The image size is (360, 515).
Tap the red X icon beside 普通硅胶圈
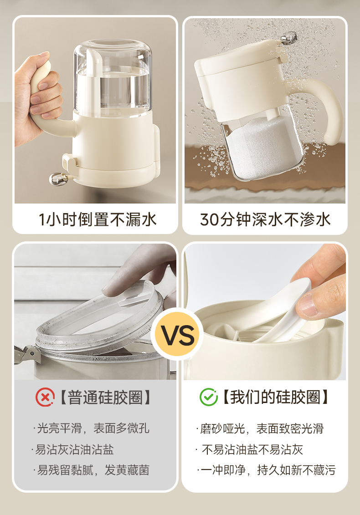(x=45, y=398)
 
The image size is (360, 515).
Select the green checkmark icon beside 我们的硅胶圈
(x=208, y=397)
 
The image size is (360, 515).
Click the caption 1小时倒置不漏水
(x=98, y=219)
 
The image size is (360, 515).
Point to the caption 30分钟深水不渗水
(x=265, y=219)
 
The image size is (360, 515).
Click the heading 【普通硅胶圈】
(x=106, y=398)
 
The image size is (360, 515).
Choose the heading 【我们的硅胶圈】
(x=276, y=397)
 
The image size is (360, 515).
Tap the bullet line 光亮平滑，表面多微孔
(x=92, y=428)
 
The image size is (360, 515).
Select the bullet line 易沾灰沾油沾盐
(x=72, y=449)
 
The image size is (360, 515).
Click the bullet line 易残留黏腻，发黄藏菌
(x=92, y=470)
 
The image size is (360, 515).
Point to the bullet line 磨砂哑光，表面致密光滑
(x=260, y=428)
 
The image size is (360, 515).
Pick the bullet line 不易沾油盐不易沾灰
(x=249, y=449)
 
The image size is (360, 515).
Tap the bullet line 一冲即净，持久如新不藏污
(x=266, y=470)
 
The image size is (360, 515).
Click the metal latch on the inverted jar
(x=58, y=179)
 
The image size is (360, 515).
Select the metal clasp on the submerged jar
(x=288, y=38)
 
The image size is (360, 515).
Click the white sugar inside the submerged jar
(x=262, y=148)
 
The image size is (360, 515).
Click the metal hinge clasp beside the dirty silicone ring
(x=27, y=355)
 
